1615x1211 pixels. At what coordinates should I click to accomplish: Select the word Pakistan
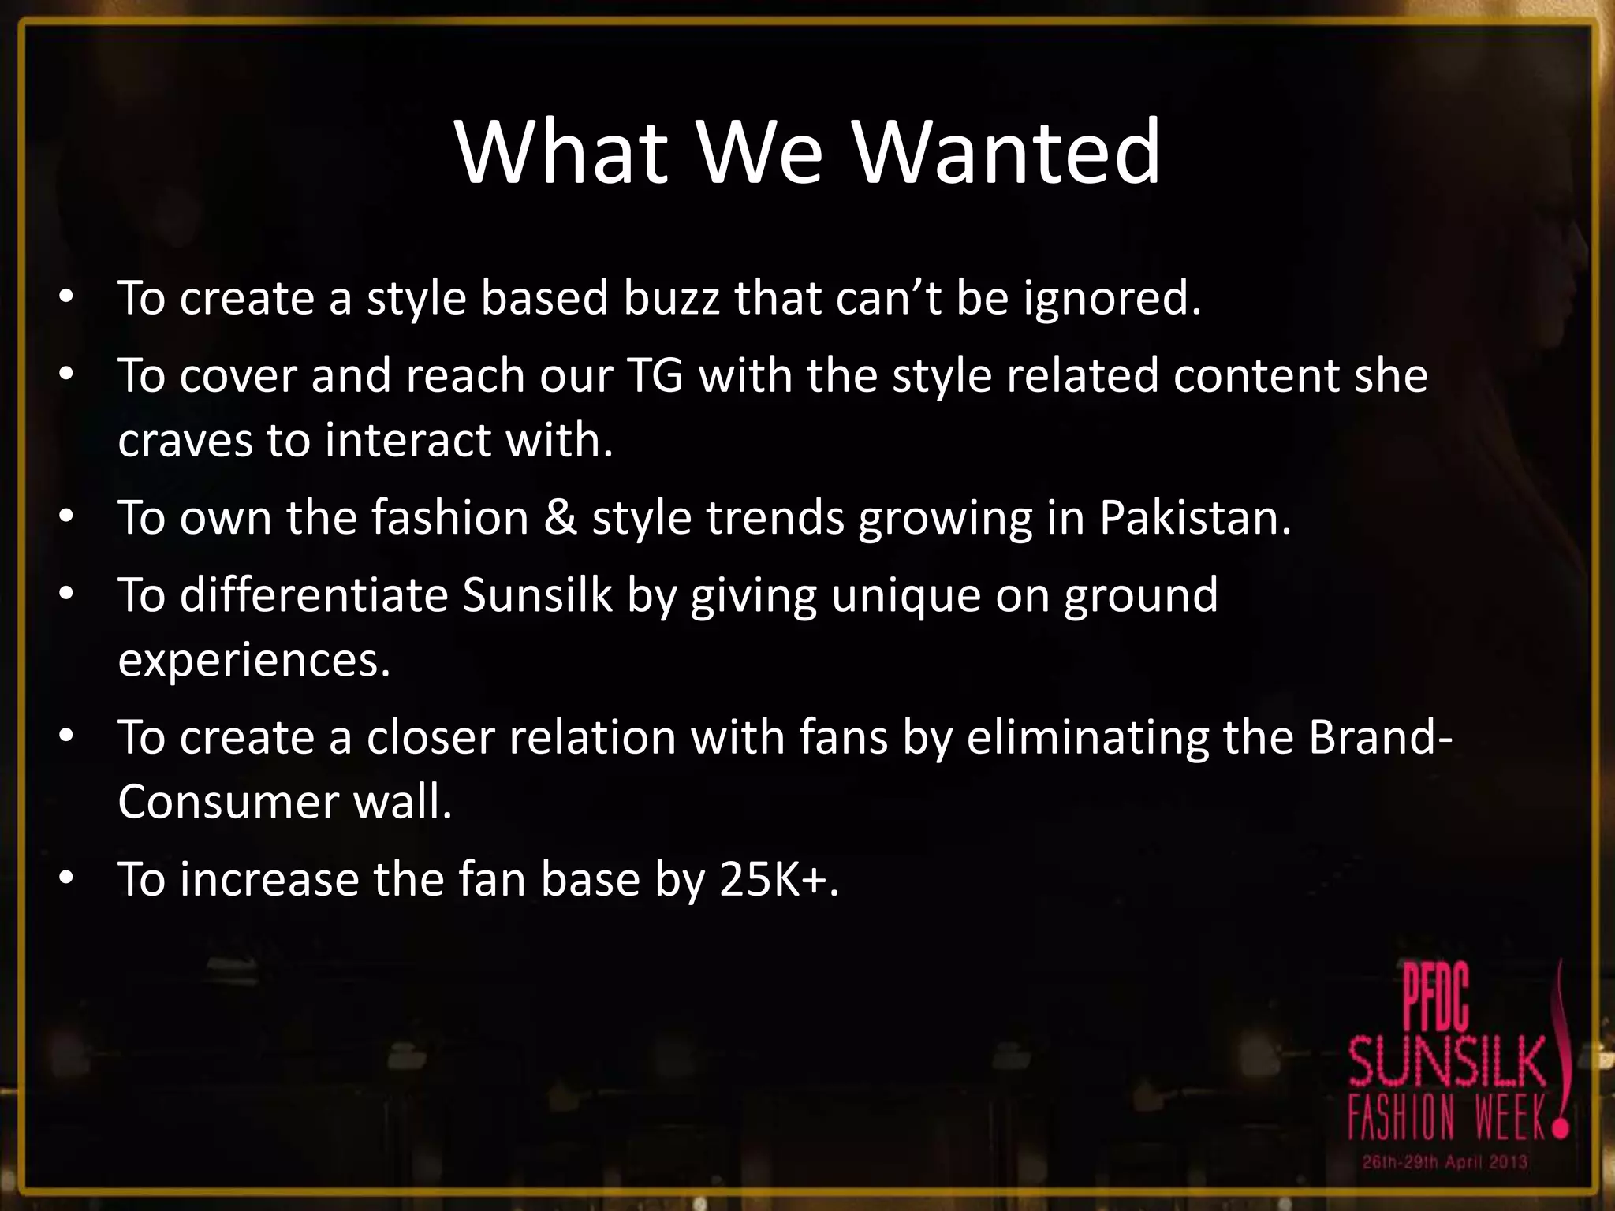(1194, 518)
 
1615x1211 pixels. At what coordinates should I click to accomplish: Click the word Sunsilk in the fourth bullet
(537, 594)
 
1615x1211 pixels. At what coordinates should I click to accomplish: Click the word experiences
(254, 661)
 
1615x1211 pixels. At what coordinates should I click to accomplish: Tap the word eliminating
(1087, 737)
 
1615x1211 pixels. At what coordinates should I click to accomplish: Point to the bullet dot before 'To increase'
(66, 878)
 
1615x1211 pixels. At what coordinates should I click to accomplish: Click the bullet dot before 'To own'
(66, 516)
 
